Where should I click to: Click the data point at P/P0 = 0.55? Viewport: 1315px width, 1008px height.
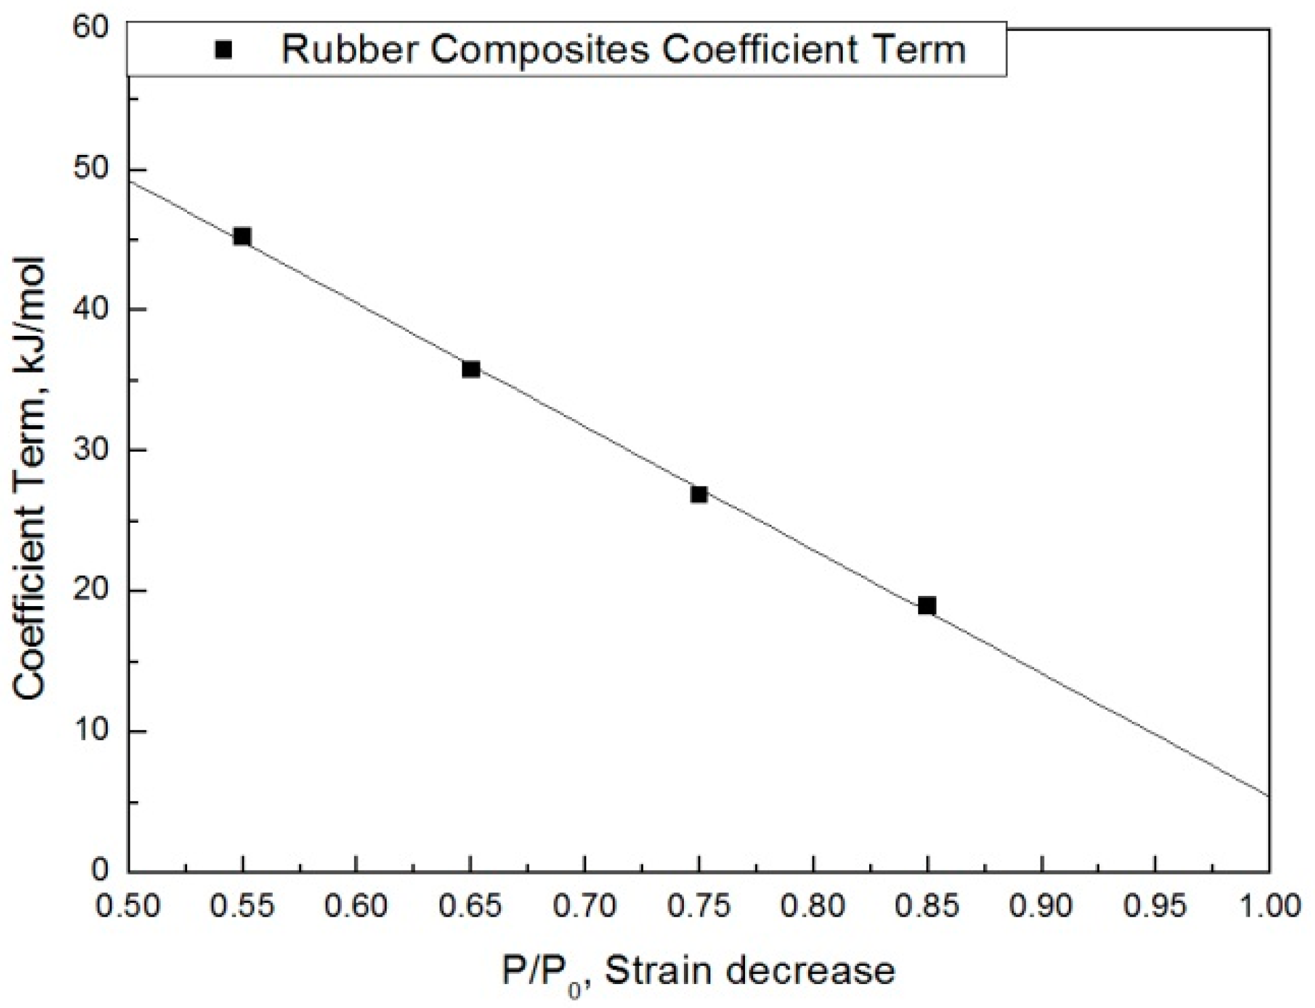click(242, 237)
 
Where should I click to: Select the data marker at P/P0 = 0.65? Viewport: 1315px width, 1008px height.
click(471, 369)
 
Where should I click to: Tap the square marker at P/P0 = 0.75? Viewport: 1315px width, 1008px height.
click(699, 495)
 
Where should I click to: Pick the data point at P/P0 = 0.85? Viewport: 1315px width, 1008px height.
click(927, 606)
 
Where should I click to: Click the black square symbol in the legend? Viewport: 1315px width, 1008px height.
click(224, 50)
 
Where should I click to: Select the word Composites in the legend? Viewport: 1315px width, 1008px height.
click(540, 50)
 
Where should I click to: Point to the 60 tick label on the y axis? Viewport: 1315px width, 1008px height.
click(91, 28)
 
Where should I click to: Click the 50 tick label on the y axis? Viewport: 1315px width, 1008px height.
click(91, 170)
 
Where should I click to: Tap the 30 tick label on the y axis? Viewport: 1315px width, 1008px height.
click(91, 450)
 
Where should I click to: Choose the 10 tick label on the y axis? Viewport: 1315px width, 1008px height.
click(91, 731)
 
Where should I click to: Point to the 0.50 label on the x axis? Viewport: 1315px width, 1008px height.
click(128, 907)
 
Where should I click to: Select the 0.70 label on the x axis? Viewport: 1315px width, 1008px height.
click(585, 907)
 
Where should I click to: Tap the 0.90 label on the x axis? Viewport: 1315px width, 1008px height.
click(1042, 907)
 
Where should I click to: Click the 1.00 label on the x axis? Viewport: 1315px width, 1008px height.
click(1268, 907)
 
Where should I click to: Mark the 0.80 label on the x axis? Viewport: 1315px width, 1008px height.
click(814, 907)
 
